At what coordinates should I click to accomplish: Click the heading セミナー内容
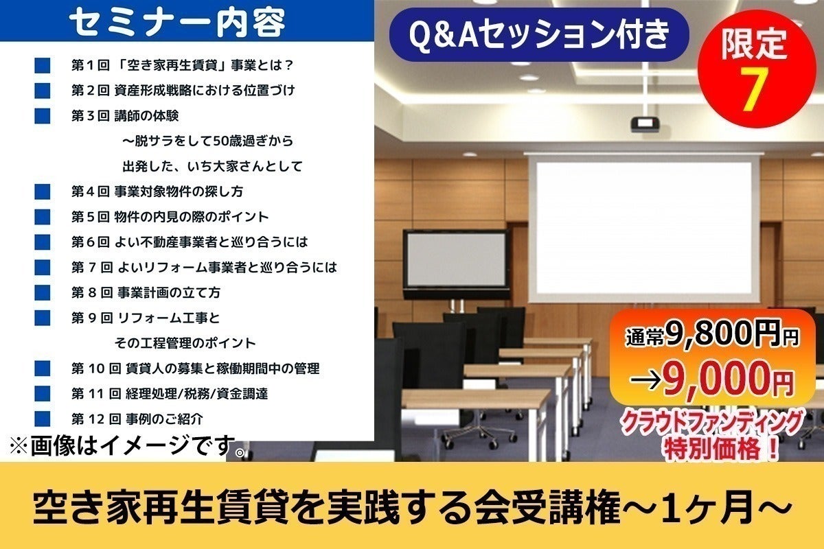pos(177,22)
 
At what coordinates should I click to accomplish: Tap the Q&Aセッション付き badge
pos(539,34)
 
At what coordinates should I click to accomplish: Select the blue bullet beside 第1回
pos(43,65)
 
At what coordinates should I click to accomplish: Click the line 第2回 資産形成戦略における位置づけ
pos(183,91)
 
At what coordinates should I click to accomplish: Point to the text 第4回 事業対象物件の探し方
pos(157,191)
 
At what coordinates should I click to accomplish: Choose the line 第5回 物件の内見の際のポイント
pos(170,217)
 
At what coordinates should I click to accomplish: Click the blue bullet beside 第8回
pos(43,293)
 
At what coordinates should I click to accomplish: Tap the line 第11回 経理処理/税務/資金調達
pos(170,394)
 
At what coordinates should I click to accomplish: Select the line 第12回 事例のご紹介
pos(137,419)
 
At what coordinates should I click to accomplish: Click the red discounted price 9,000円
pos(729,380)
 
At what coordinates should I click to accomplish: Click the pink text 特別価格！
pos(722,449)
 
